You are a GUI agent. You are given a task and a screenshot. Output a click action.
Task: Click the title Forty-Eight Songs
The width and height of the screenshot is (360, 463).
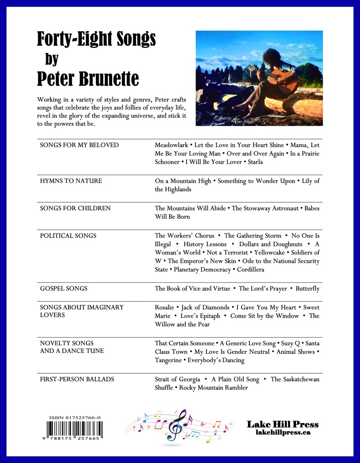(96, 39)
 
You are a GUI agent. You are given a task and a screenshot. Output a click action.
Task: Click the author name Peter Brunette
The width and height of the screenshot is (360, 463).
(88, 79)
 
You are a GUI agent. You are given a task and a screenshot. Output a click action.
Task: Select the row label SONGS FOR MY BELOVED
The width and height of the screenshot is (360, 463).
(79, 145)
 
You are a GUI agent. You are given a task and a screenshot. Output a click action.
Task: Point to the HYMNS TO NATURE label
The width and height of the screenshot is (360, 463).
(71, 181)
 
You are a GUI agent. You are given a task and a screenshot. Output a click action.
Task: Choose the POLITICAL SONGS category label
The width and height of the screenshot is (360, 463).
(68, 236)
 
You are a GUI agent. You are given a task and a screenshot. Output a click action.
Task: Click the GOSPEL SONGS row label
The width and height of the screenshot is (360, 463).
(64, 288)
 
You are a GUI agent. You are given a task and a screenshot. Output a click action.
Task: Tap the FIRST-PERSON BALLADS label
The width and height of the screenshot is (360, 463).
(77, 379)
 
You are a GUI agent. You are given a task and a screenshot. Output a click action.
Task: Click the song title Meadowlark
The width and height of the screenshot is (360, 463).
(172, 145)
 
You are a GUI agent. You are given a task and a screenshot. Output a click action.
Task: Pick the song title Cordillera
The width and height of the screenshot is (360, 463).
(251, 270)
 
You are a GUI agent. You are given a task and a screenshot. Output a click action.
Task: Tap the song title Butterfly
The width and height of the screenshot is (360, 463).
(307, 289)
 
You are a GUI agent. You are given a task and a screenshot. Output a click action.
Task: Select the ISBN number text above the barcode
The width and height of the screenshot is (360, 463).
(75, 418)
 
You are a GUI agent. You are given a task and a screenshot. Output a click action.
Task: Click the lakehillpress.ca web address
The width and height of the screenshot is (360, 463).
(283, 433)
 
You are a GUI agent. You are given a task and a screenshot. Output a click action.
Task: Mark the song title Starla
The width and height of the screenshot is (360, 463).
(256, 162)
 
